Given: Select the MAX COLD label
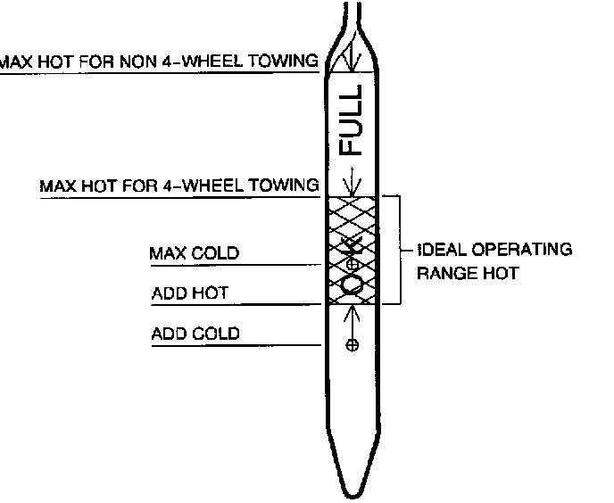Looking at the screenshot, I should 195,253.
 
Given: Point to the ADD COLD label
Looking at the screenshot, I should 195,334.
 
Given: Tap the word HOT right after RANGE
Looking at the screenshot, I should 499,274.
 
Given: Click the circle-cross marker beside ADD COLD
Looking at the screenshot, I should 353,345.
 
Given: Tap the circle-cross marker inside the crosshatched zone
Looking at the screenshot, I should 353,265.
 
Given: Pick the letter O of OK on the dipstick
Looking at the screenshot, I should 353,284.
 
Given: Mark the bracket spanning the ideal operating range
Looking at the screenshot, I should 398,250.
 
